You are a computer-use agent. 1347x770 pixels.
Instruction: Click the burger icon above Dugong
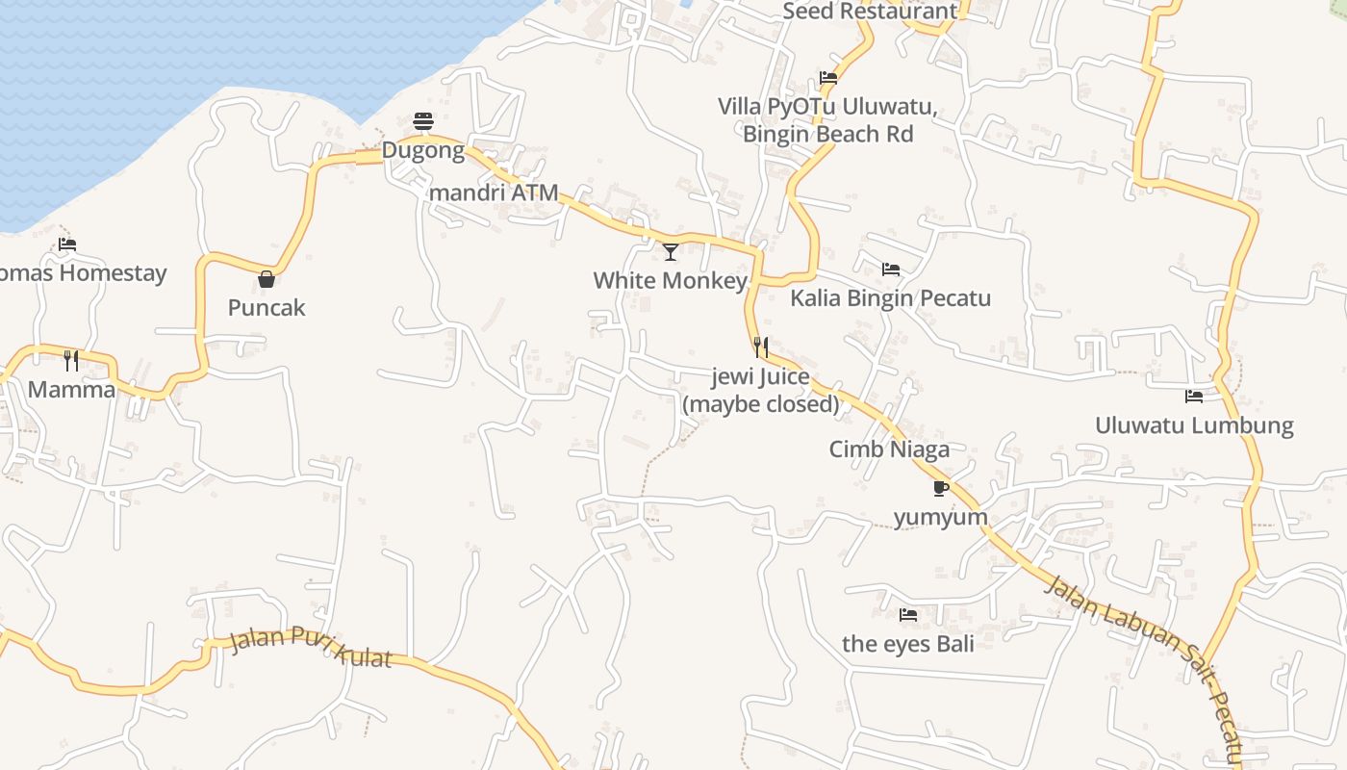[423, 121]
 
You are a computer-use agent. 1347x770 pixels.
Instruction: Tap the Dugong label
[423, 151]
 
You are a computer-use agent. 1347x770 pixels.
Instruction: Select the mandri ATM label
[494, 192]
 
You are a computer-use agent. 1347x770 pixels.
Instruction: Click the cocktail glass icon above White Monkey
[671, 252]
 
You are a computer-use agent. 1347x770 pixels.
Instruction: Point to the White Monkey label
[671, 281]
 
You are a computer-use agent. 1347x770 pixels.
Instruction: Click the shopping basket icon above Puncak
[267, 279]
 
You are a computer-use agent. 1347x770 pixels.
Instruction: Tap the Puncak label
[267, 308]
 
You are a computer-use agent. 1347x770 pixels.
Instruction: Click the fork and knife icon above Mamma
[71, 361]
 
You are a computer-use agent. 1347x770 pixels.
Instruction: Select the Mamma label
[71, 390]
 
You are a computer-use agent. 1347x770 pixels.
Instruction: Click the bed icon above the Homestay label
[67, 244]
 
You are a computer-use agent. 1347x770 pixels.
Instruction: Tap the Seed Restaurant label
[870, 12]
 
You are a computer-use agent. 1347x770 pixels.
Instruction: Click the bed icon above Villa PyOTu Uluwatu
[827, 78]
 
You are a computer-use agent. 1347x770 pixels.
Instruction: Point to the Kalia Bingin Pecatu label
[890, 298]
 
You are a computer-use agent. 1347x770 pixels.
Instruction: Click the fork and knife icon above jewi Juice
[760, 346]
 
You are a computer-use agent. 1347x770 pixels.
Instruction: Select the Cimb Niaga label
[889, 449]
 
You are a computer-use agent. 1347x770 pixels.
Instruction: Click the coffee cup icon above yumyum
[941, 488]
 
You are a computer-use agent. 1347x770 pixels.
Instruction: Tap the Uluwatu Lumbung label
[1194, 425]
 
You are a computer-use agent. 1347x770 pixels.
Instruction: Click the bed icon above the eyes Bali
[907, 614]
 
